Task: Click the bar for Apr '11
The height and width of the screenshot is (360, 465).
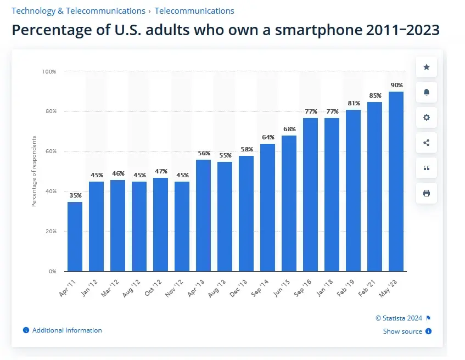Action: tap(75, 237)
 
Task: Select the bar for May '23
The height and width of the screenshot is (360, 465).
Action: tap(396, 181)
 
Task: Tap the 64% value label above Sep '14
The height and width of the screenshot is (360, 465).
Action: tap(268, 137)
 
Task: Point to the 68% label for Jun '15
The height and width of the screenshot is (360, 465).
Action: tap(289, 129)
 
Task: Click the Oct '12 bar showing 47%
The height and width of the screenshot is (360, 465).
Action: tap(160, 224)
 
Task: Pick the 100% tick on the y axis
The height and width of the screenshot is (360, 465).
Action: tap(49, 71)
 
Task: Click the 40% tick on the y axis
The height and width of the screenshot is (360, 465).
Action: tap(50, 192)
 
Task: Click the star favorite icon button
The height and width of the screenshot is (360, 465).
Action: tap(427, 67)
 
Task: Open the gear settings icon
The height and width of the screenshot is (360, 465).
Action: tap(427, 117)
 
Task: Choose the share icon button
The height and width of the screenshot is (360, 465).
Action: tap(427, 143)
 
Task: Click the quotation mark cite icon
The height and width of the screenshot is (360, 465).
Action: tap(427, 168)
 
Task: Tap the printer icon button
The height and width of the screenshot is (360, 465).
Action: tap(427, 193)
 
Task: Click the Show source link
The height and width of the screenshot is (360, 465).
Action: tap(403, 331)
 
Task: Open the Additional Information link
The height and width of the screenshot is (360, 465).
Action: tap(67, 330)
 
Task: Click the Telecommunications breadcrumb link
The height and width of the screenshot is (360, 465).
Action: tap(194, 10)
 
